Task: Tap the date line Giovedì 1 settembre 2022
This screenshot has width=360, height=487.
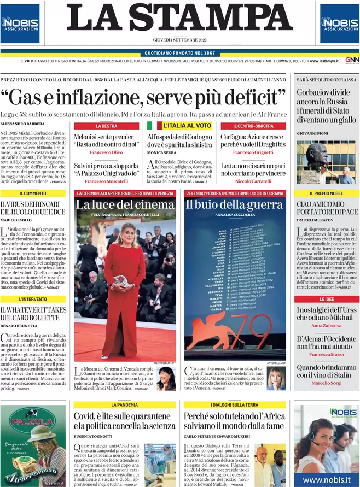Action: pyautogui.click(x=179, y=40)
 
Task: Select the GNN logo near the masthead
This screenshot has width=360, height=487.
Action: pyautogui.click(x=352, y=60)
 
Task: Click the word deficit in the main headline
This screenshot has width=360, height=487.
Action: pyautogui.click(x=256, y=98)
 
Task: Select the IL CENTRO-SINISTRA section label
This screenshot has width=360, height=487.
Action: pyautogui.click(x=253, y=126)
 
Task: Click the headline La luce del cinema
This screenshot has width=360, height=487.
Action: pyautogui.click(x=125, y=205)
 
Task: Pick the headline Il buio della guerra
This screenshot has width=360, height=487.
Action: pyautogui.click(x=235, y=205)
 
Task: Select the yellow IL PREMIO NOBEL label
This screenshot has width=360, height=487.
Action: pyautogui.click(x=327, y=193)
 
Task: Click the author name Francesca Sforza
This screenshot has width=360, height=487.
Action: pyautogui.click(x=327, y=354)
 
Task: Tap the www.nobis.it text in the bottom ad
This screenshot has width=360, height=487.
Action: pyautogui.click(x=327, y=479)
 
